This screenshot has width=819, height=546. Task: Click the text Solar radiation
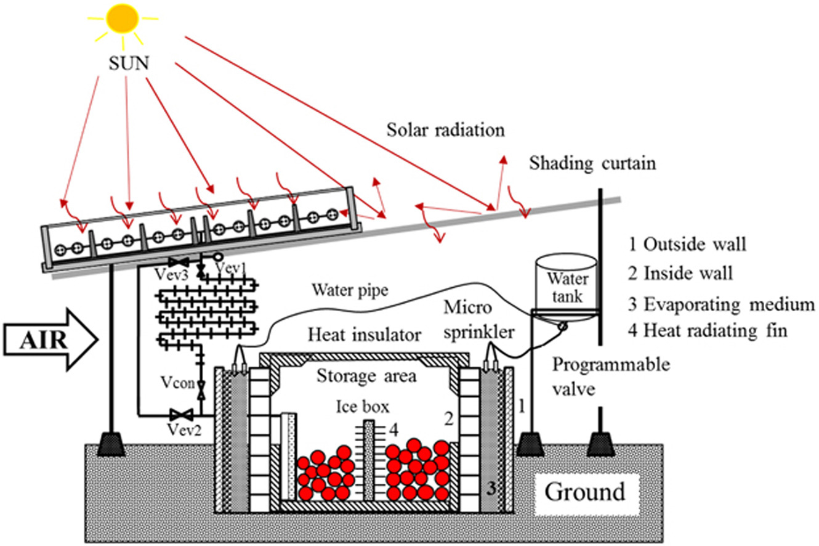(446, 131)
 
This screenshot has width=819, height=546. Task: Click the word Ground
(586, 493)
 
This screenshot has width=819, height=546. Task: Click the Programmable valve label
(610, 377)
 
